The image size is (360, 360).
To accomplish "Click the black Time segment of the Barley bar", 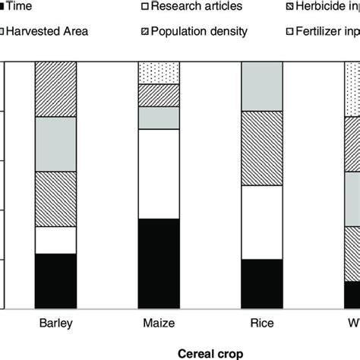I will (x=55, y=281).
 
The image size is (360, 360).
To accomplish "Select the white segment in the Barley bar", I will (x=55, y=240).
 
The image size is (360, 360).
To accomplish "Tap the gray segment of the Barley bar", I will (x=55, y=144).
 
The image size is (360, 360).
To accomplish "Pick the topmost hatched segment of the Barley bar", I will (x=55, y=90).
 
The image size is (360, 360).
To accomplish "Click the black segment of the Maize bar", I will (x=158, y=264).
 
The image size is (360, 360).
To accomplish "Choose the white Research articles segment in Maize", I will (x=158, y=174).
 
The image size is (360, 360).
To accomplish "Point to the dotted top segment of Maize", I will (x=158, y=73).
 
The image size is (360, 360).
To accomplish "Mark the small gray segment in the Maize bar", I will (x=158, y=118).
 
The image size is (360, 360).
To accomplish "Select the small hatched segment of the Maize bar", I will (x=158, y=95).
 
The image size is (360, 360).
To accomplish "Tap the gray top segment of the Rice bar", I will (x=261, y=87).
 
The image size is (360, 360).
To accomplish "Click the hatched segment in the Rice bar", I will (x=261, y=148).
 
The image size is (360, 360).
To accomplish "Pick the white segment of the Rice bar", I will (x=261, y=223).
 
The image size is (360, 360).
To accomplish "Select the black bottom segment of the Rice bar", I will (x=261, y=284).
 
